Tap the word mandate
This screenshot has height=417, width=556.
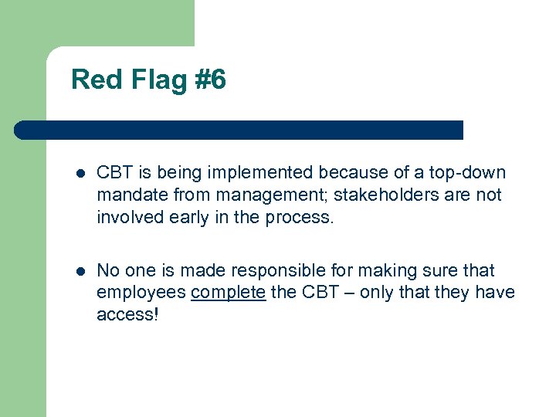pos(131,195)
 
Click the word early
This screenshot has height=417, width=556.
pos(188,217)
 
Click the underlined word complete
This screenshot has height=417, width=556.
pos(228,293)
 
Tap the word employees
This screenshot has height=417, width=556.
pos(141,293)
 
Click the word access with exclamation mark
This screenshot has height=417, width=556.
pos(127,314)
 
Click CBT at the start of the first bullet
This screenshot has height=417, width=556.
pos(114,172)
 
